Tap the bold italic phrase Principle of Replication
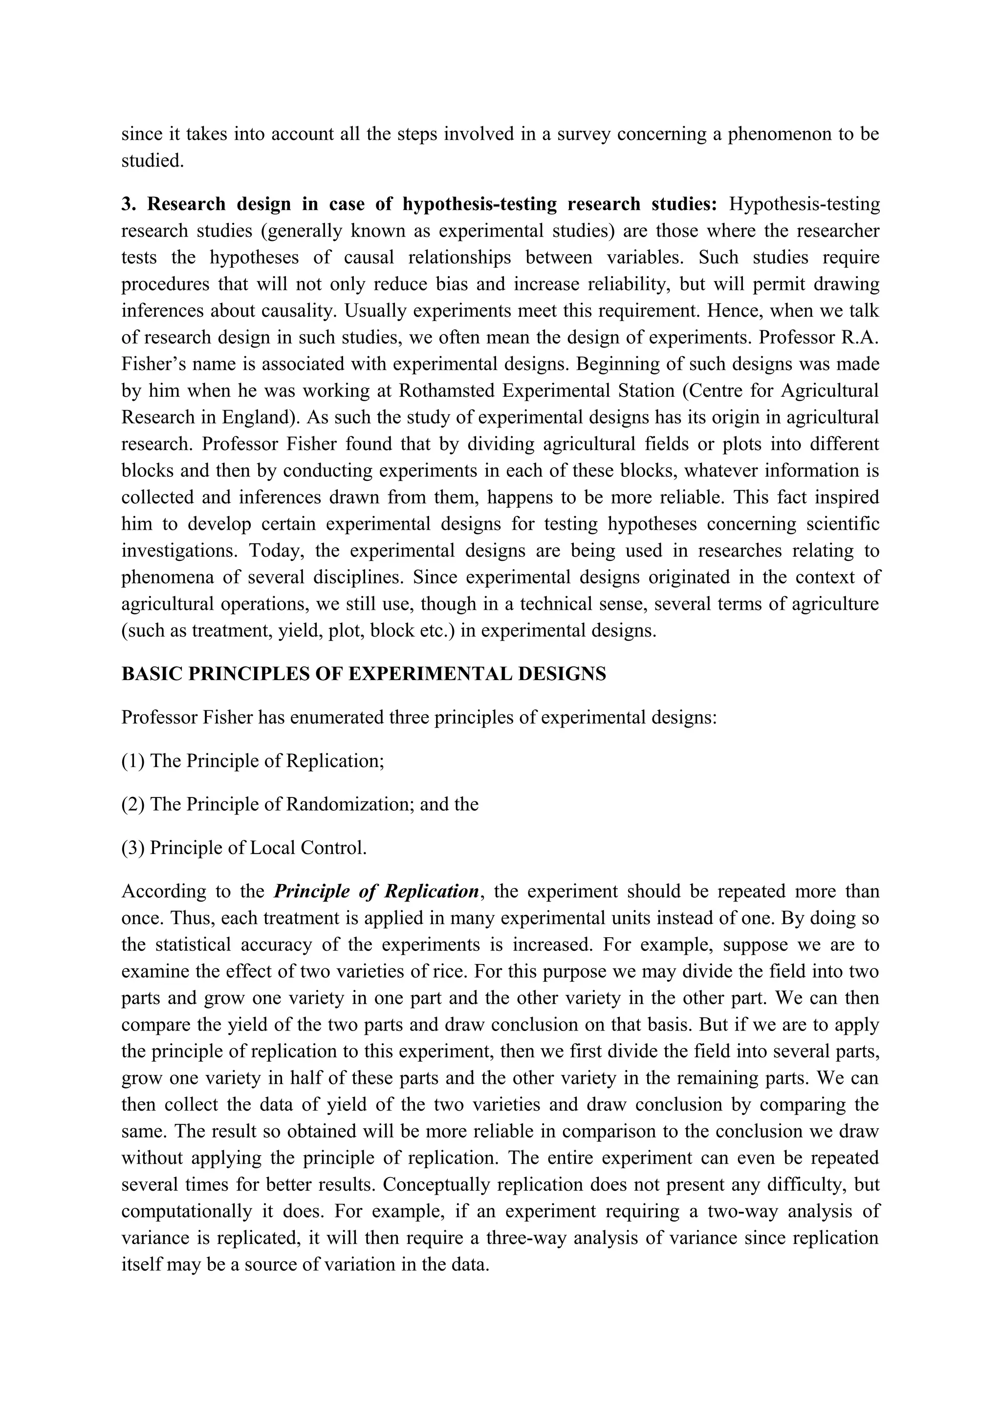(376, 891)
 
